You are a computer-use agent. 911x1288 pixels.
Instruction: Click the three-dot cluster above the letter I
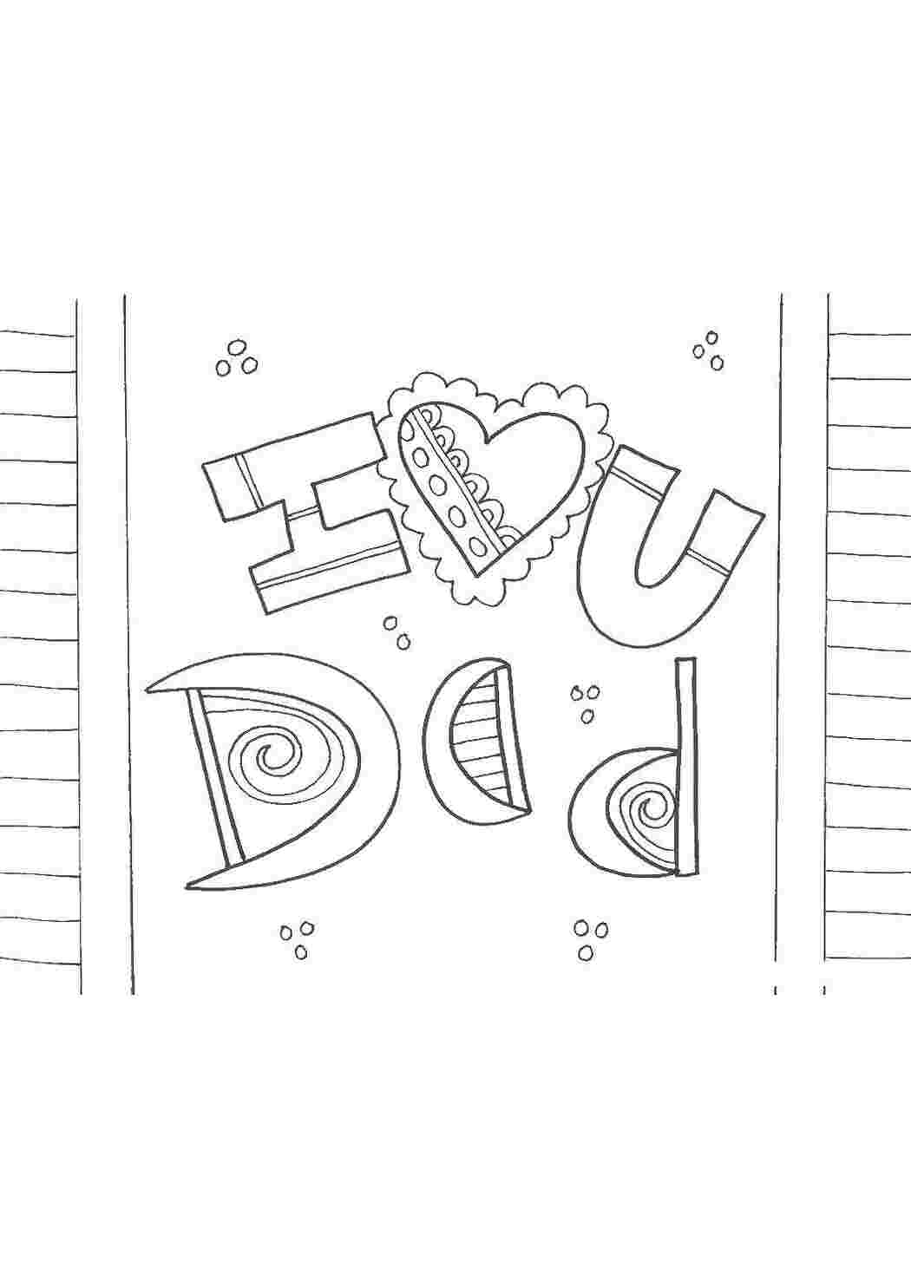pyautogui.click(x=236, y=358)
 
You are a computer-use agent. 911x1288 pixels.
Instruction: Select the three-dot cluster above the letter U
pyautogui.click(x=708, y=350)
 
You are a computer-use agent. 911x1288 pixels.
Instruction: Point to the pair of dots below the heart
pyautogui.click(x=397, y=632)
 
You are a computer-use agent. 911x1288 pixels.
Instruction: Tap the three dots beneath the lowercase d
pyautogui.click(x=590, y=1112)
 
